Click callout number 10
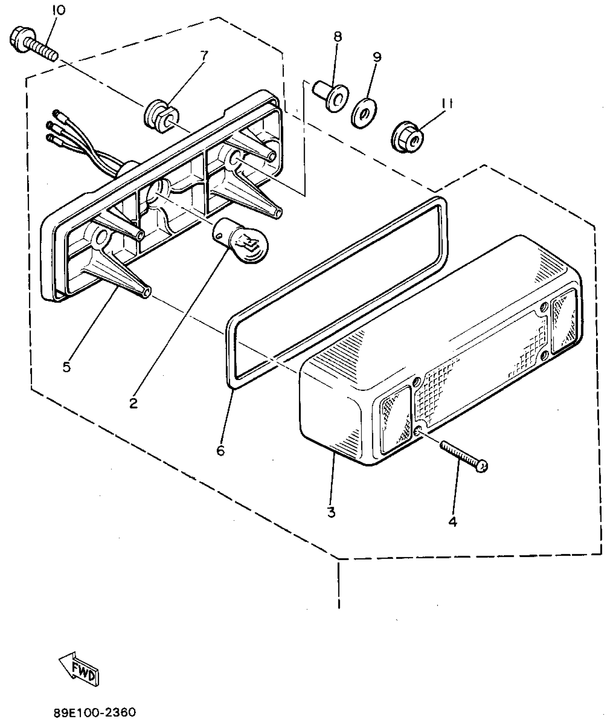pos(59,10)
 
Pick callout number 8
pos(337,37)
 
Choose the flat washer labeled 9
pos(364,112)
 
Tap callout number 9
pos(377,57)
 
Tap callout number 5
pos(66,366)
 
